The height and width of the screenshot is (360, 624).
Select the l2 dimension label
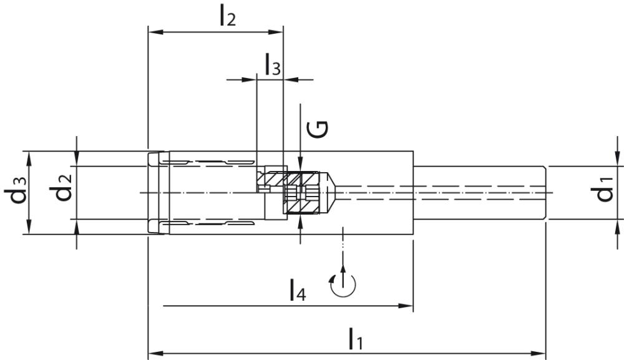coord(227,16)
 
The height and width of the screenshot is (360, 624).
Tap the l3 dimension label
coord(272,65)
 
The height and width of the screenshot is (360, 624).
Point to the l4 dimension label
coord(297,291)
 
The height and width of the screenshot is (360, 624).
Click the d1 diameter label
coord(603,193)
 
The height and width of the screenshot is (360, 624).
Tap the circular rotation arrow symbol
coord(343,284)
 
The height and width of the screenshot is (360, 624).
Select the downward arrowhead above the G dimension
coord(300,160)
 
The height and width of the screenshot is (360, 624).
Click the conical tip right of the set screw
coord(332,193)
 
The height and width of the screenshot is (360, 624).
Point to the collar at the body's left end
coord(158,193)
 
